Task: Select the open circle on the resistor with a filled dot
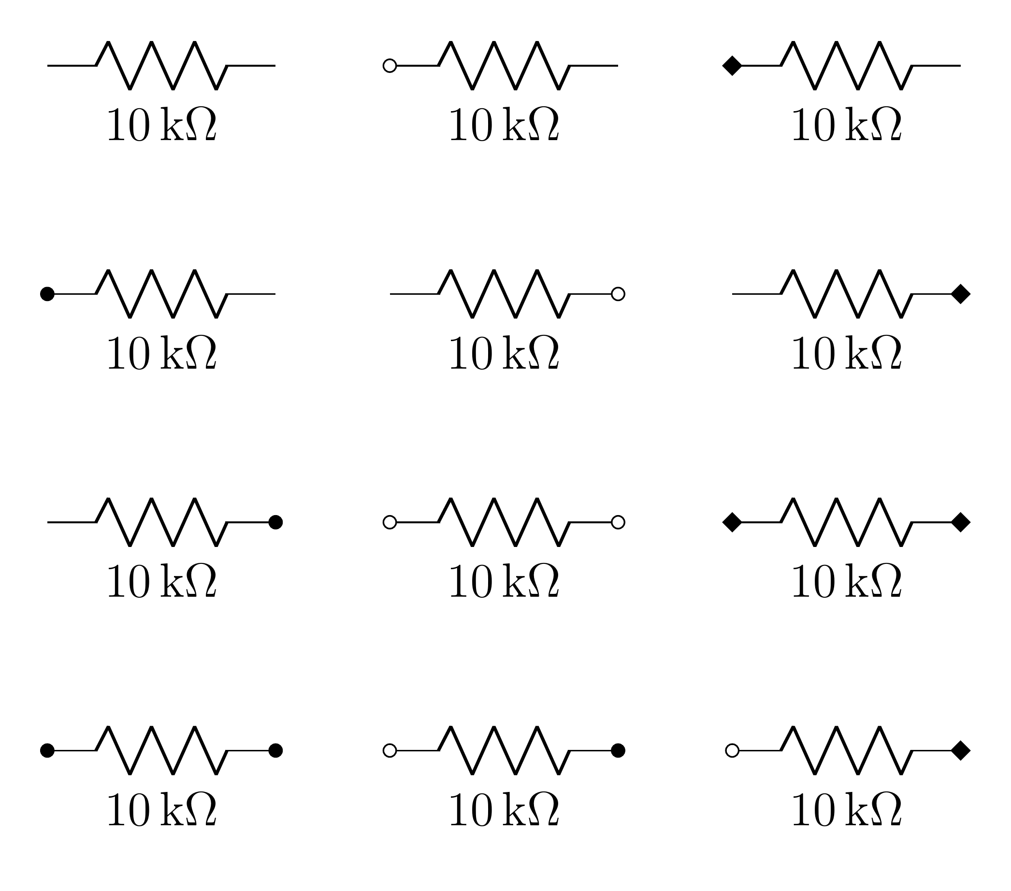[390, 750]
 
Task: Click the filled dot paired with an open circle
[618, 750]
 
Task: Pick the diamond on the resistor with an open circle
[961, 750]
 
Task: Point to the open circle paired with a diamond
[732, 750]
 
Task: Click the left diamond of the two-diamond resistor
[732, 522]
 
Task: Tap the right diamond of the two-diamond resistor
[961, 522]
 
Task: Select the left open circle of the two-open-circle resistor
[390, 522]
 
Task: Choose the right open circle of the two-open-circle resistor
[618, 522]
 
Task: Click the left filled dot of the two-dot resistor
[47, 750]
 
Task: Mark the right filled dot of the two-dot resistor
[275, 750]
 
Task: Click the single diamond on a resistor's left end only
[732, 65]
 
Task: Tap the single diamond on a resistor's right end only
[961, 294]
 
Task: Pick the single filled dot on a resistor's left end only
[47, 294]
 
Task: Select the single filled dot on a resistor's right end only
[275, 522]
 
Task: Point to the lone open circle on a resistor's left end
[390, 65]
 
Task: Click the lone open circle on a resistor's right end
[618, 294]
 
